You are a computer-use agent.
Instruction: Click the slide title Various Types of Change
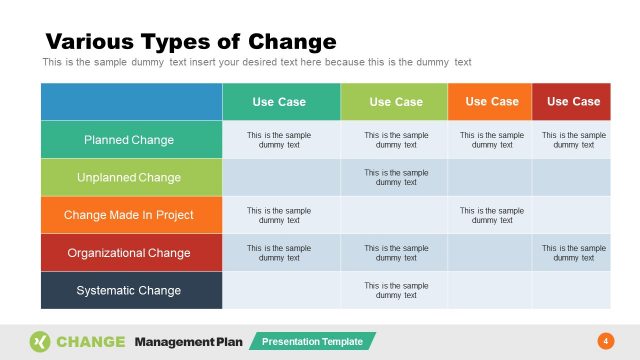coord(191,42)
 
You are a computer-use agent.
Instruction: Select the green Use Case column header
coord(395,102)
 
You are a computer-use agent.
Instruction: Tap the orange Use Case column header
coord(491,102)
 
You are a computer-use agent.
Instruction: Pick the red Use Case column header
coord(573,102)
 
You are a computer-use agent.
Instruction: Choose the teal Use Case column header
coord(279,102)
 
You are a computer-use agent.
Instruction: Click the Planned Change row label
coord(129,140)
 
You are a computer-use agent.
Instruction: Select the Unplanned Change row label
coord(129,178)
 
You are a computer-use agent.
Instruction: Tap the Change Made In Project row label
coord(129,215)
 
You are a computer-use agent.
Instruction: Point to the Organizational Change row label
coord(129,253)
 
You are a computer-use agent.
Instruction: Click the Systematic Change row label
coord(129,291)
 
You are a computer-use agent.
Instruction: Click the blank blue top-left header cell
coord(130,102)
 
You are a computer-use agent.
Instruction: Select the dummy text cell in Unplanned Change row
coord(395,178)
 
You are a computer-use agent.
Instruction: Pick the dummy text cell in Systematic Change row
coord(395,291)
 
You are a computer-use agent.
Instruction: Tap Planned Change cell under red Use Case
coord(573,140)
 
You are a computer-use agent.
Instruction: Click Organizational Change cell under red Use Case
coord(573,253)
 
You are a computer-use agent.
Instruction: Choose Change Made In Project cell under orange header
coord(491,215)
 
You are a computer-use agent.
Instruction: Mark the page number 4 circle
coord(604,342)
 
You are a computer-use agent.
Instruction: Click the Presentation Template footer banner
coord(312,342)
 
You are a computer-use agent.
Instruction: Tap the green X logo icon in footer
coord(40,342)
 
